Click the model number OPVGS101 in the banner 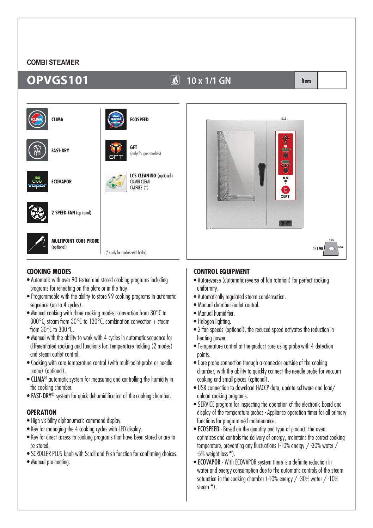click(57, 80)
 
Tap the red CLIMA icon click(37, 119)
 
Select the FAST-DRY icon click(37, 150)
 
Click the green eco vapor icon click(37, 181)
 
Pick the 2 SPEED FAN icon click(37, 212)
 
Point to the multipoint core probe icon click(37, 243)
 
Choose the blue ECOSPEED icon click(116, 119)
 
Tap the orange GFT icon click(116, 150)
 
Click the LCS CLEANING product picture click(116, 181)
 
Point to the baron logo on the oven click(286, 192)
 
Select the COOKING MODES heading click(49, 272)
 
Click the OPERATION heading click(42, 412)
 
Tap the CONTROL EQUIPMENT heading click(221, 272)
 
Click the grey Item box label click(306, 80)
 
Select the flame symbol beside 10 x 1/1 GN click(175, 80)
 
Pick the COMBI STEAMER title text click(53, 62)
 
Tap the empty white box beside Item click(332, 80)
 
